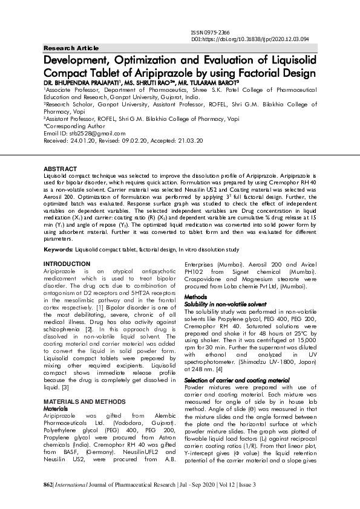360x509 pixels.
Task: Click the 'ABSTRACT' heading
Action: [59, 167]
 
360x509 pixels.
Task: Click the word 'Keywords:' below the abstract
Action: [59, 249]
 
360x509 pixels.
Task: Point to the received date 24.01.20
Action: [80, 140]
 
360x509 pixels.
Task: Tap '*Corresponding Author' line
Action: [74, 126]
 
